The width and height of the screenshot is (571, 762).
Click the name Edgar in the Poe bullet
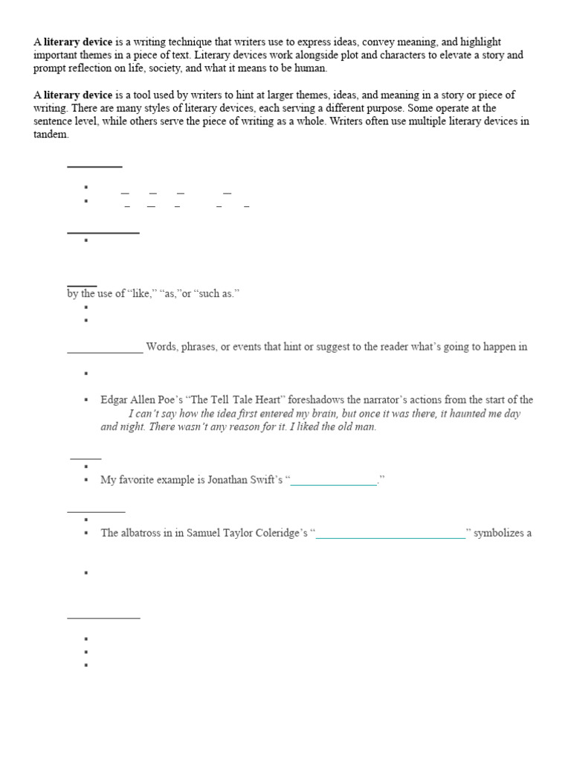tap(114, 400)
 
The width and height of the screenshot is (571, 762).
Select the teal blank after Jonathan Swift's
tap(334, 481)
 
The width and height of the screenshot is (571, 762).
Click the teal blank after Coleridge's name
tap(391, 534)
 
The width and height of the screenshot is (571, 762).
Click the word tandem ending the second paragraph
tap(50, 135)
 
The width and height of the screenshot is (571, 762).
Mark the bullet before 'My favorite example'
tap(87, 481)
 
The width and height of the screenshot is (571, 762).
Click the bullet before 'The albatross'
tap(87, 533)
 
